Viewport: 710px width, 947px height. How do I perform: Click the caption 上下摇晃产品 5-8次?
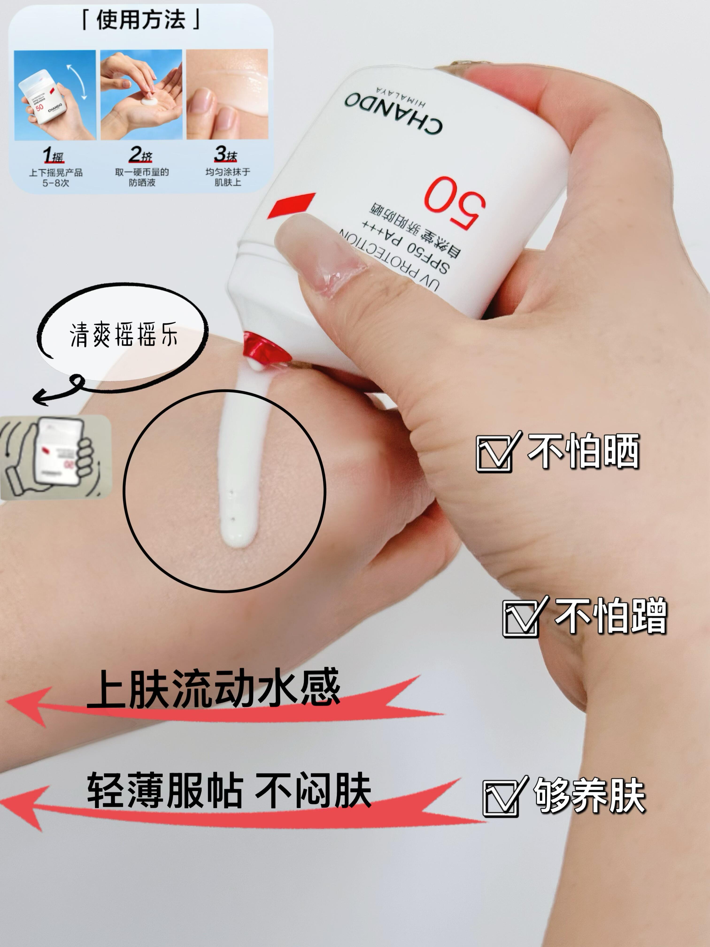click(x=56, y=177)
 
